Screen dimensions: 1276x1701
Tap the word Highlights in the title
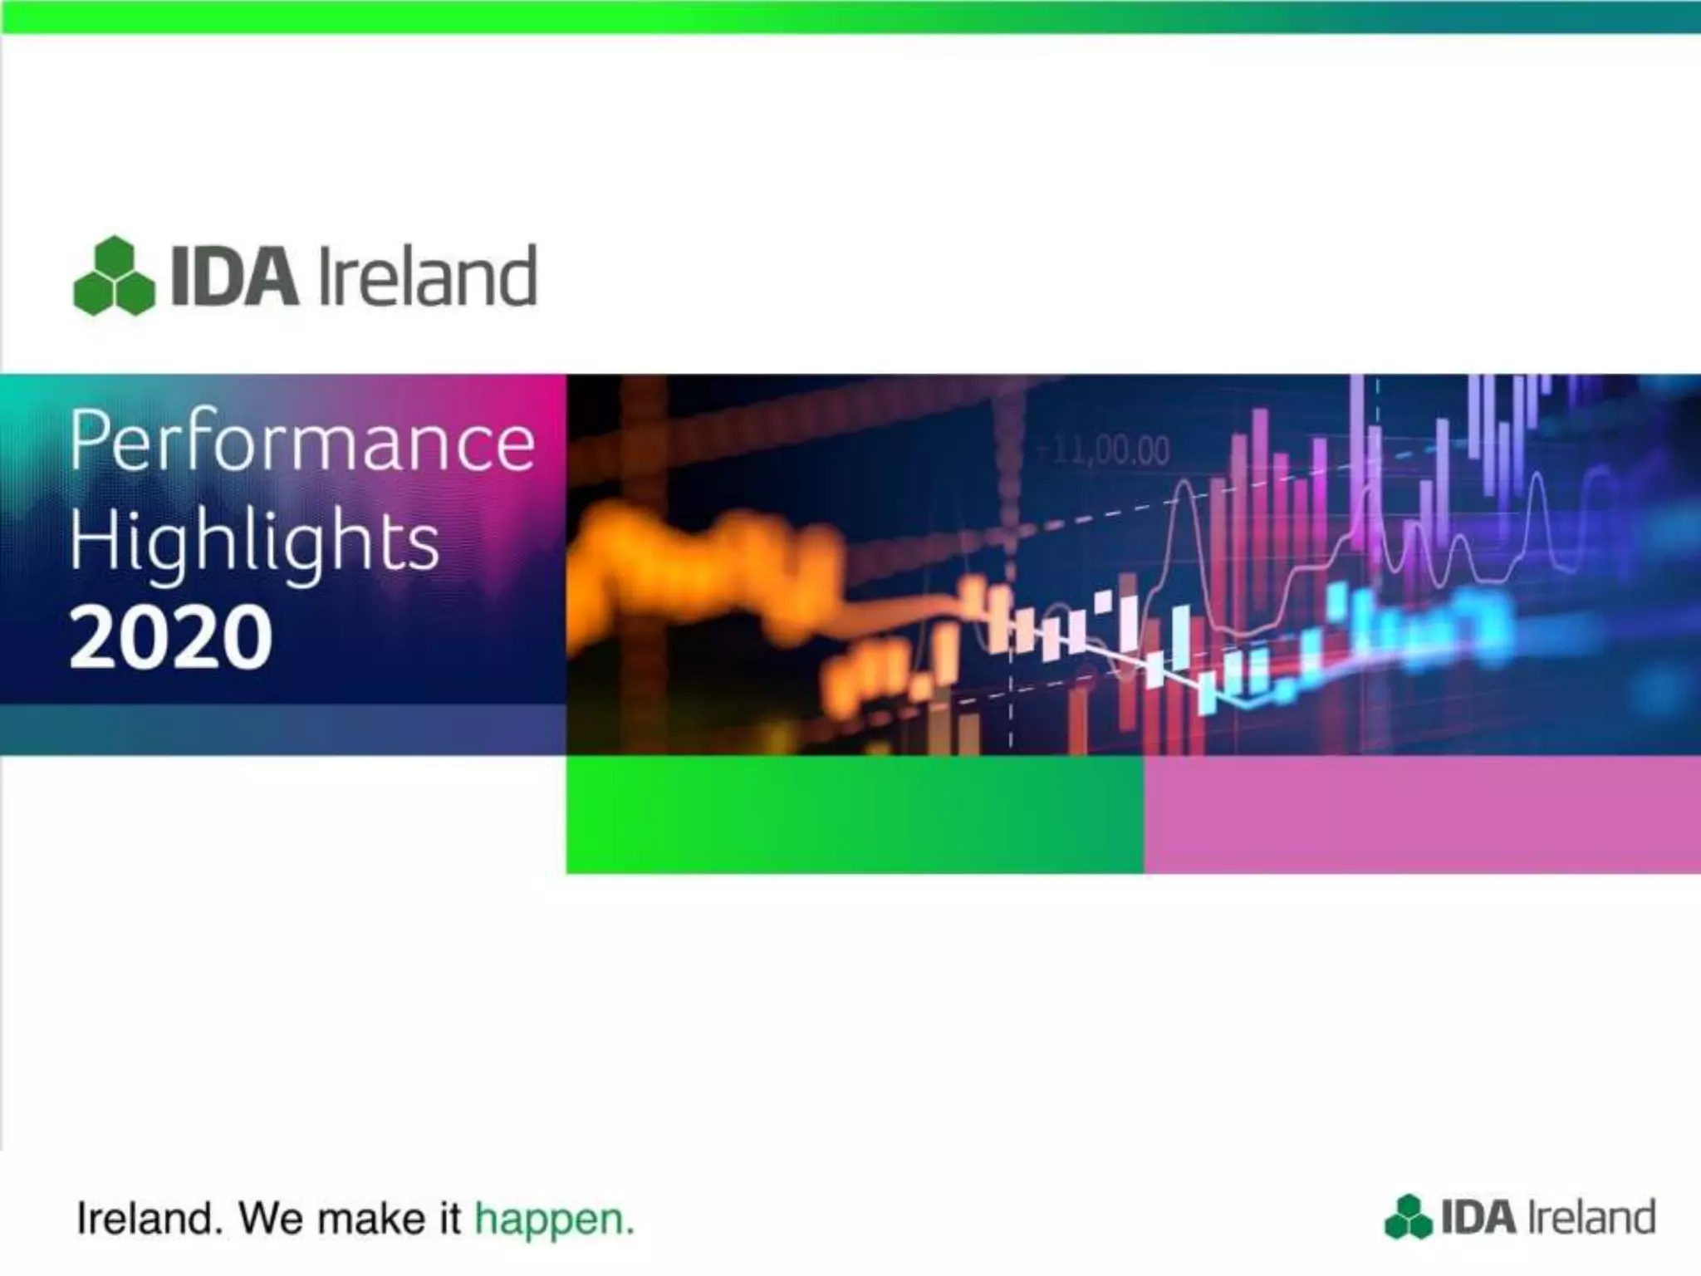click(253, 541)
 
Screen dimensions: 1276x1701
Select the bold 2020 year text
click(170, 638)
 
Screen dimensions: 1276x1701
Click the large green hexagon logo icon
click(114, 277)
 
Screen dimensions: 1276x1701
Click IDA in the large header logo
click(234, 277)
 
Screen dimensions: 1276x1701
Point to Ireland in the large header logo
click(427, 277)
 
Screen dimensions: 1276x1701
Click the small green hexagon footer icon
click(1408, 1218)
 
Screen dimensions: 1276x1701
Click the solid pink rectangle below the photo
click(1422, 814)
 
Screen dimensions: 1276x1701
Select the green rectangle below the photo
click(854, 814)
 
